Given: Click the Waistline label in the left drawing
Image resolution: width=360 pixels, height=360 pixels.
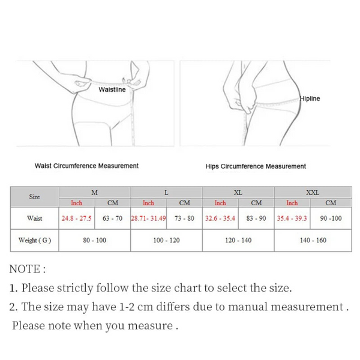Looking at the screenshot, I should tap(112, 89).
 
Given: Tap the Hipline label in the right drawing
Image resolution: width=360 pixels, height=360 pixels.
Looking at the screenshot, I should tap(310, 98).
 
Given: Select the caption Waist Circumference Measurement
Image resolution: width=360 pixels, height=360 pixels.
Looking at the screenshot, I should tap(87, 166).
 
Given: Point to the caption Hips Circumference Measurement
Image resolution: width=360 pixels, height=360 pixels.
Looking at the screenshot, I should tap(256, 166).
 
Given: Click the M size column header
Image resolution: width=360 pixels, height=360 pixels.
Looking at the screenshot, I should tap(94, 193).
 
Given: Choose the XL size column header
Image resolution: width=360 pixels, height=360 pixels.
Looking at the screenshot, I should tap(238, 193).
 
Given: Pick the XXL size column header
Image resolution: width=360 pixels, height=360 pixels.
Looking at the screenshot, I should tap(313, 193).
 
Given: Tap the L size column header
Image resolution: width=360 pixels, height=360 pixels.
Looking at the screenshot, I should tap(166, 193).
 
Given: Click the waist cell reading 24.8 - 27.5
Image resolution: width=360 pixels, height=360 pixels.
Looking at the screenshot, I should tap(76, 218).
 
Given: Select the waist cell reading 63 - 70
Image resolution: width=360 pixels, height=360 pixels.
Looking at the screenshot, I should tap(112, 218).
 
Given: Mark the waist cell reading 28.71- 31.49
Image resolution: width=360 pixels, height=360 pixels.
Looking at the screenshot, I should tap(148, 218).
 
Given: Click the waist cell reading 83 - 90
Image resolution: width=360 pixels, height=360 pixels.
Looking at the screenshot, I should tap(256, 218).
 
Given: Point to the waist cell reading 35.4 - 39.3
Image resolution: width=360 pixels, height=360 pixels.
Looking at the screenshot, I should tap(292, 218).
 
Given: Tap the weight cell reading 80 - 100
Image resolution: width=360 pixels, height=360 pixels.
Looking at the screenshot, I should tap(94, 241).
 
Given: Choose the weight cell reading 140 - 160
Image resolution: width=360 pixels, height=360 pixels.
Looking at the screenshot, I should tap(313, 241).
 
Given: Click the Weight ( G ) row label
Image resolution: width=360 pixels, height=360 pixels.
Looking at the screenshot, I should tap(34, 241).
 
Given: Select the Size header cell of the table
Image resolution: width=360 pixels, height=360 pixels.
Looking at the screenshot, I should tap(34, 197).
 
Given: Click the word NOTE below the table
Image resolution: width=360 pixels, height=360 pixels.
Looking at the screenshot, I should tap(25, 269).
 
